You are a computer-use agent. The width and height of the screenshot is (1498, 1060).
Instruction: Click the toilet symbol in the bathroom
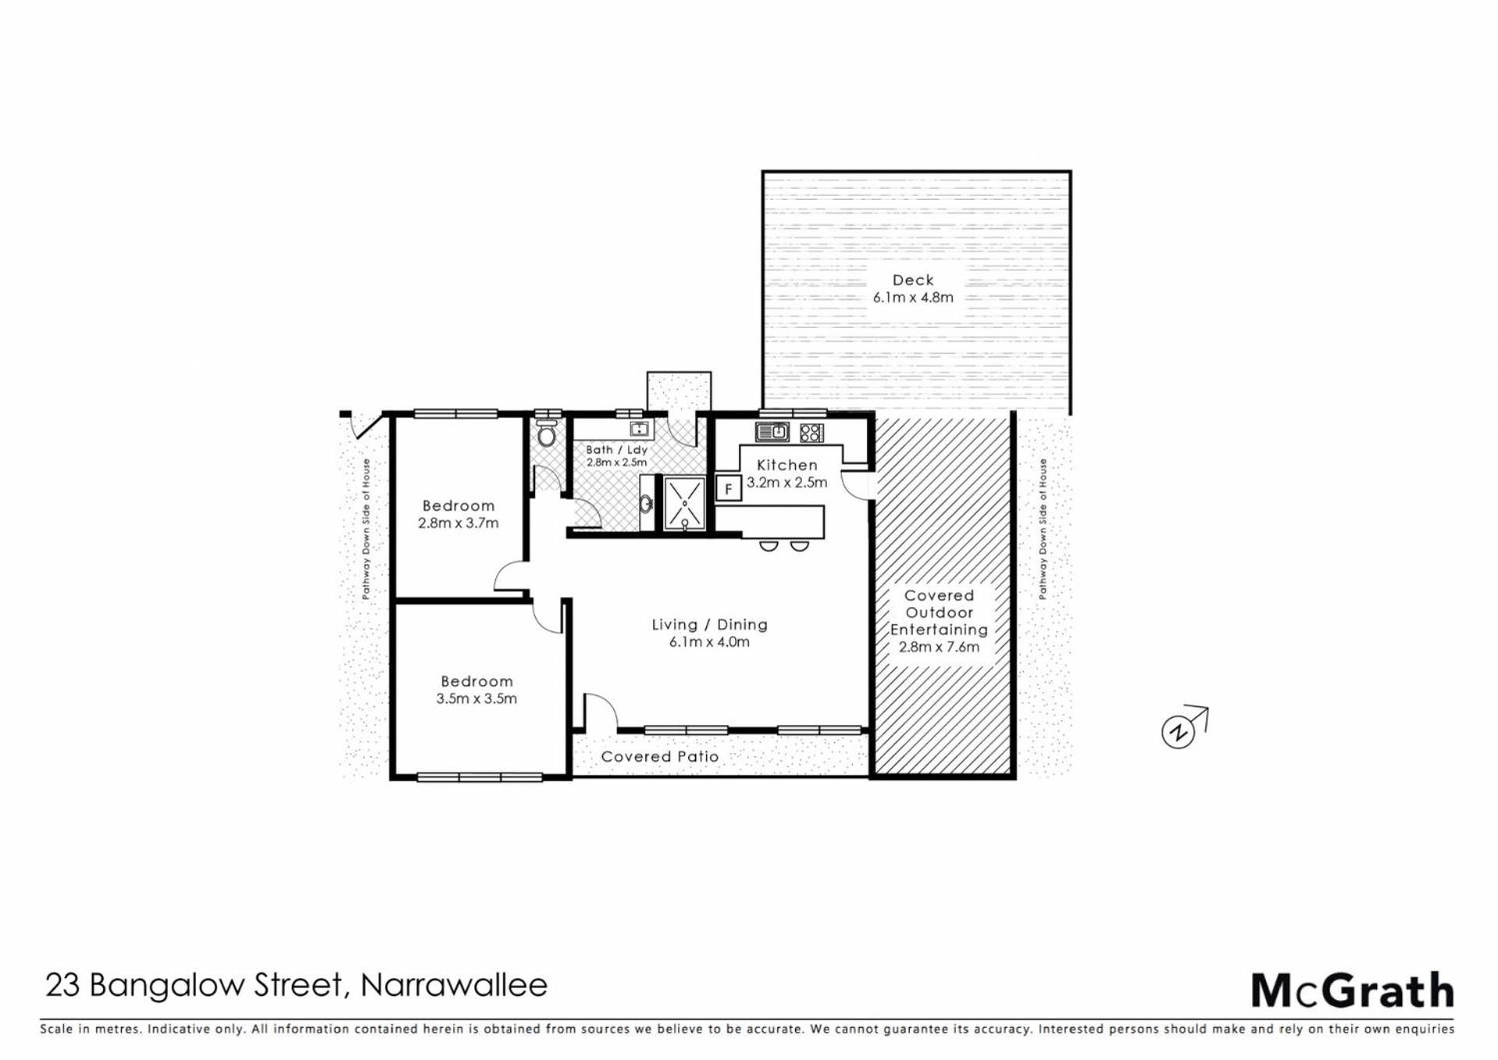(547, 434)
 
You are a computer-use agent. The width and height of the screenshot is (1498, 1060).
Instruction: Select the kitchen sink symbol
(772, 432)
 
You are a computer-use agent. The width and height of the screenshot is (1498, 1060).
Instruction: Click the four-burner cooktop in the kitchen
(811, 432)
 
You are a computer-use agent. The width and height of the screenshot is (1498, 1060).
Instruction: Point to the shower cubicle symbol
(684, 503)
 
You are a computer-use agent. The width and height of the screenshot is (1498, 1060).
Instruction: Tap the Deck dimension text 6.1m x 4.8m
(913, 297)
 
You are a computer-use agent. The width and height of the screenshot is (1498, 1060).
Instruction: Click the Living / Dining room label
(710, 624)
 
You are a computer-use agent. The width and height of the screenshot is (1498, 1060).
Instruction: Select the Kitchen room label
(787, 465)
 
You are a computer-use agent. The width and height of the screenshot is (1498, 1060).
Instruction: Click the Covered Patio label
(660, 756)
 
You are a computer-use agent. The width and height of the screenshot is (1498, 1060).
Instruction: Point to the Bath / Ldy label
(616, 450)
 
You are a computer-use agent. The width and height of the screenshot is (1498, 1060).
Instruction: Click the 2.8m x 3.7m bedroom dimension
(458, 523)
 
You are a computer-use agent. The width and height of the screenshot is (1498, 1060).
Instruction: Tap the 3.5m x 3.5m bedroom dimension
(476, 699)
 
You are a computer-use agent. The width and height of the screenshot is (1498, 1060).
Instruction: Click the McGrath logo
(1353, 991)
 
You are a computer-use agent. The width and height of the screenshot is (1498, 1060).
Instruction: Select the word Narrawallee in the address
(454, 985)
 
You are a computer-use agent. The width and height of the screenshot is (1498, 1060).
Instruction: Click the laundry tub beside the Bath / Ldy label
(639, 429)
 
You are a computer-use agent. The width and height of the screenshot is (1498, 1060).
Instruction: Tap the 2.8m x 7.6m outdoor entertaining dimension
(939, 647)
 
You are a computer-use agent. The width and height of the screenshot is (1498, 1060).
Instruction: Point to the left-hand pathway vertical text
(366, 529)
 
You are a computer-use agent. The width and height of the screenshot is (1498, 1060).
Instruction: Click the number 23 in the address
(62, 985)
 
